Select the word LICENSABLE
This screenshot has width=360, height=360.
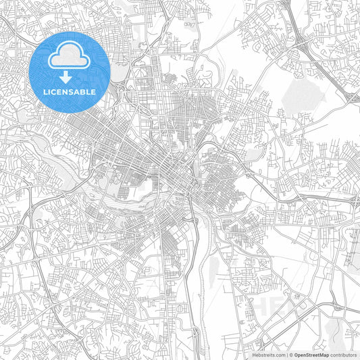point(70,91)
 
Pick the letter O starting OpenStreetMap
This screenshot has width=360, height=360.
point(296,353)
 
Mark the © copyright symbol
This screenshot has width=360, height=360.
point(290,353)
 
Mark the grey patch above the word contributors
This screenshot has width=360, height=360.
point(335,331)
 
